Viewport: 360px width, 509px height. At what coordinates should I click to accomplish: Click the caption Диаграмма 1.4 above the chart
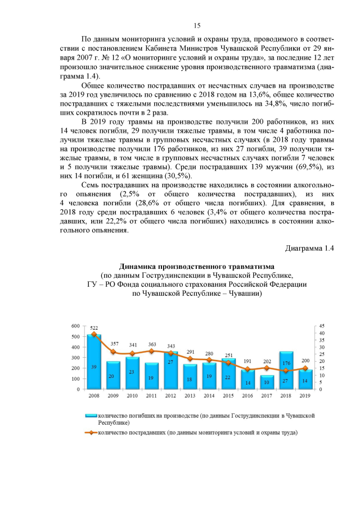pyautogui.click(x=309, y=249)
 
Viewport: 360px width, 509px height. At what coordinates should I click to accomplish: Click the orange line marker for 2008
pyautogui.click(x=94, y=335)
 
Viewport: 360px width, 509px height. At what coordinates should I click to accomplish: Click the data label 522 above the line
pyautogui.click(x=94, y=327)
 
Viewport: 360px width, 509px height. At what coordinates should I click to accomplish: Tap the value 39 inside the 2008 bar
pyautogui.click(x=94, y=367)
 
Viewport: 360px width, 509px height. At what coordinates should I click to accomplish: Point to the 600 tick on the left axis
pyautogui.click(x=75, y=326)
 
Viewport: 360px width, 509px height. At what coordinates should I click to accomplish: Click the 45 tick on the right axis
pyautogui.click(x=322, y=326)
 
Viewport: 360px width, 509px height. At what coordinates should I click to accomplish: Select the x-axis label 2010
pyautogui.click(x=133, y=396)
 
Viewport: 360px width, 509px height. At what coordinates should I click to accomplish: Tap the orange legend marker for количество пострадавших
pyautogui.click(x=90, y=433)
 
